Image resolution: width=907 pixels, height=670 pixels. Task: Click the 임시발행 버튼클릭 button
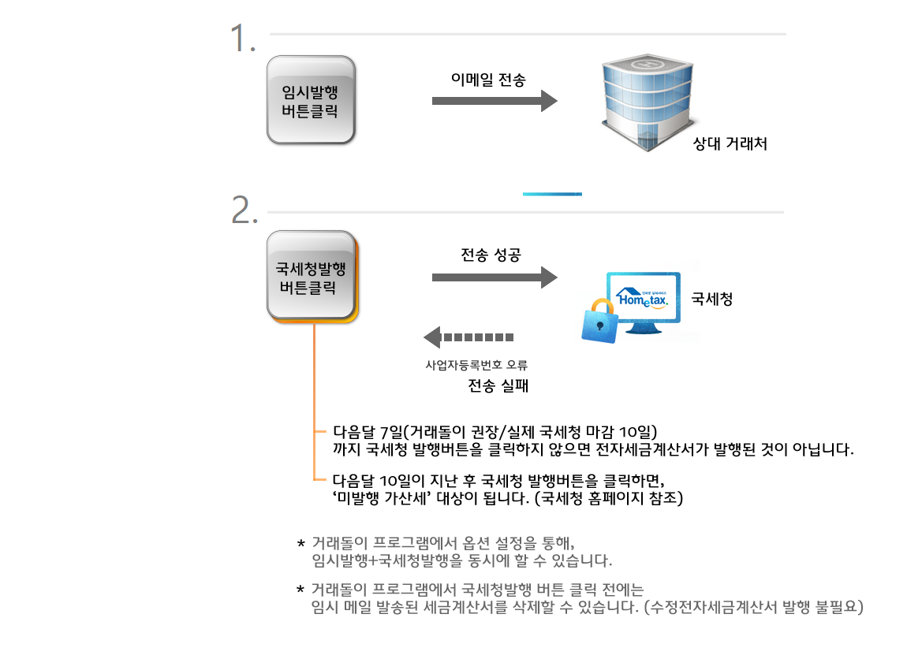point(311,100)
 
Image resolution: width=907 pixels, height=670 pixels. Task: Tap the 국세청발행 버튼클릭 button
point(312,277)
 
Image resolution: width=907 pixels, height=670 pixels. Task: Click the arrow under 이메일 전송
point(495,101)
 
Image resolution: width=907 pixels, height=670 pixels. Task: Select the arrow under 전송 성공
point(495,277)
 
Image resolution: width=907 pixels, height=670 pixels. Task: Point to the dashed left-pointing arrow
point(468,337)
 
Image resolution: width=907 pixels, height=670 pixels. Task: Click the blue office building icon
point(647,103)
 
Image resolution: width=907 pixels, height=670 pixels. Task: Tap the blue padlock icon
point(599,322)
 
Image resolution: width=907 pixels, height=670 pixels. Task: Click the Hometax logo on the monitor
point(642,299)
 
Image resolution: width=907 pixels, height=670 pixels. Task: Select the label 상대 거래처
point(730,143)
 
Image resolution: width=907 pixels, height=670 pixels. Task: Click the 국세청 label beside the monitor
point(712,299)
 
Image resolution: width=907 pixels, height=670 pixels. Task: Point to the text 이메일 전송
point(488,80)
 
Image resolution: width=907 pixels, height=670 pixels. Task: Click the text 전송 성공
point(491,255)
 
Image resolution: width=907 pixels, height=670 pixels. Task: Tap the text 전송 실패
point(498,385)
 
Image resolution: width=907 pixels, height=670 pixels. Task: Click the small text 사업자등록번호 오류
point(476,365)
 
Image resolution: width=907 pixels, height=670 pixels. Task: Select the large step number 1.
point(242,38)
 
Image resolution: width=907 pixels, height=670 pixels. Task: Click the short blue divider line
point(552,194)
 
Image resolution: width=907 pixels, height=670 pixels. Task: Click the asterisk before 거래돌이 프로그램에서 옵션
point(300,543)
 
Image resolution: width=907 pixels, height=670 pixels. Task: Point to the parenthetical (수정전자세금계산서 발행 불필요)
point(754,607)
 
